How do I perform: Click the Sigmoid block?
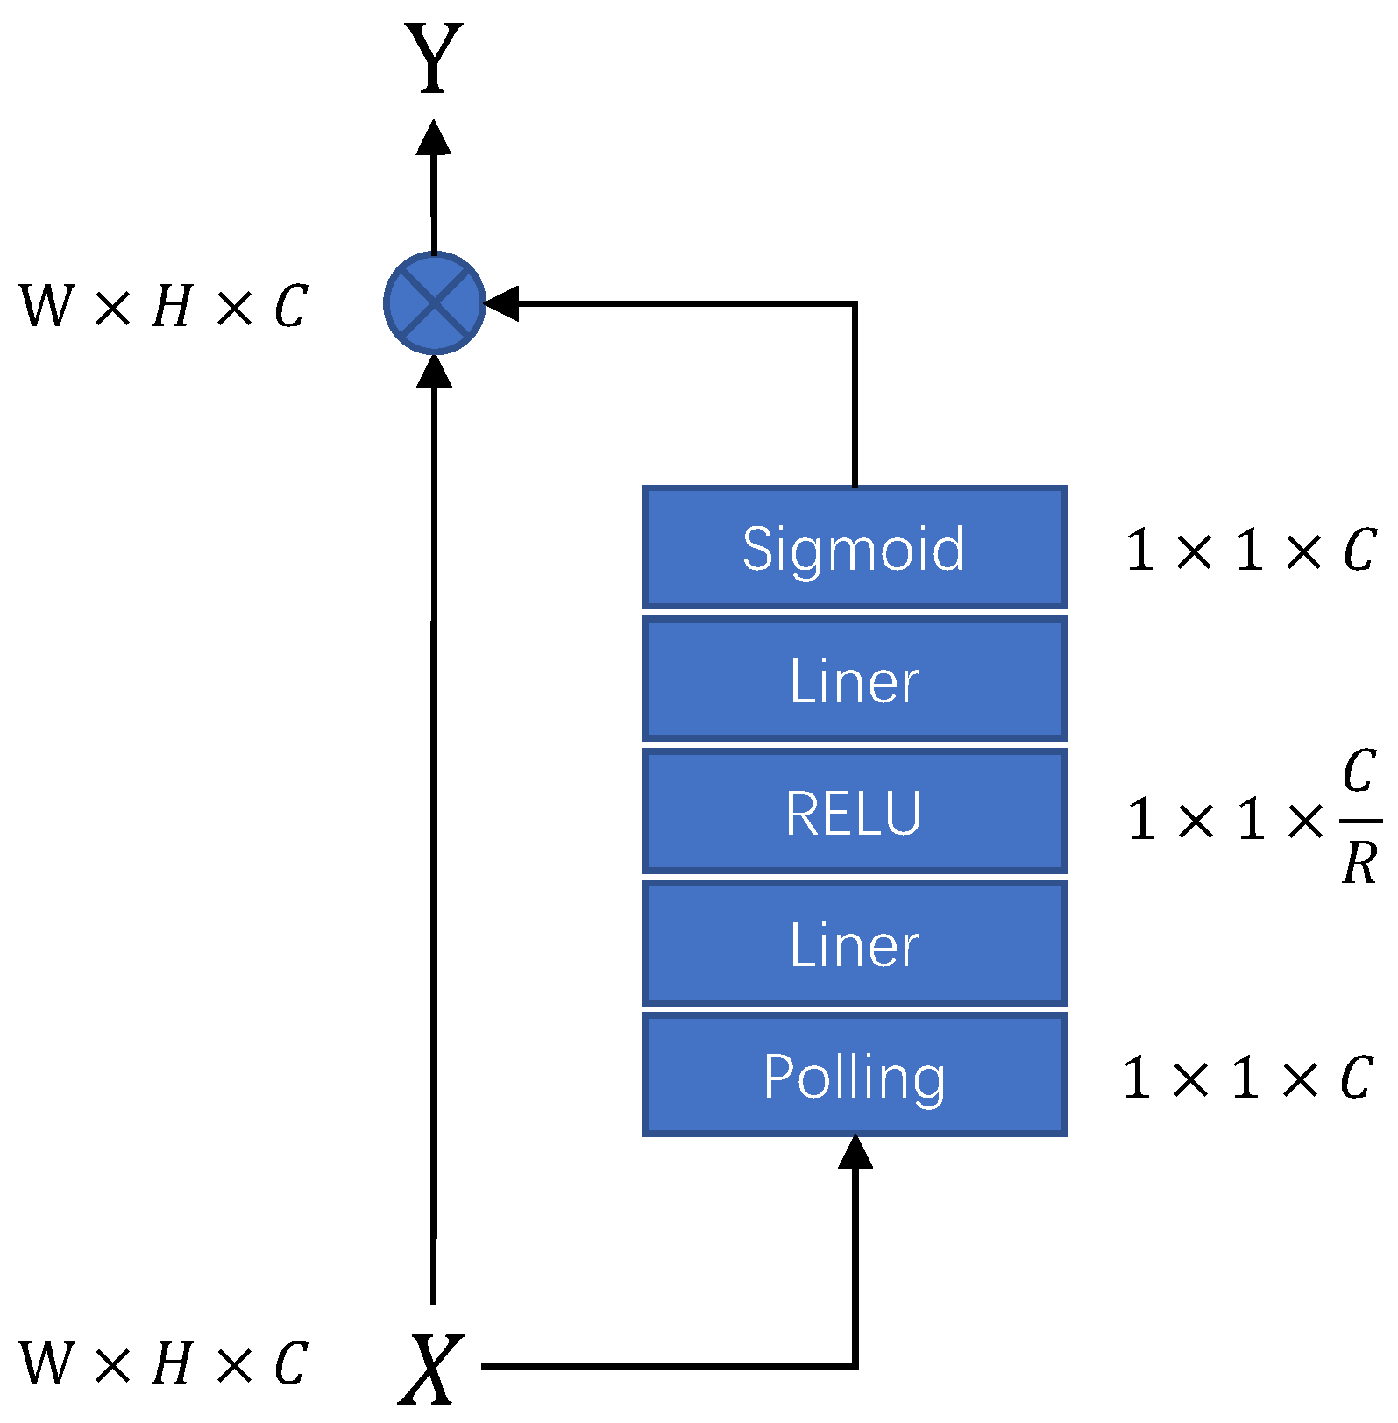pyautogui.click(x=855, y=548)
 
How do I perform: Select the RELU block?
pyautogui.click(x=855, y=812)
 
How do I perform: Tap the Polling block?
pyautogui.click(x=855, y=1075)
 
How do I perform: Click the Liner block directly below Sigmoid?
pyautogui.click(x=855, y=680)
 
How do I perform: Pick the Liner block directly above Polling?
pyautogui.click(x=855, y=944)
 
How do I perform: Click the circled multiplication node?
pyautogui.click(x=435, y=303)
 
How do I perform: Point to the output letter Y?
pyautogui.click(x=434, y=59)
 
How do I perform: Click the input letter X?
pyautogui.click(x=431, y=1369)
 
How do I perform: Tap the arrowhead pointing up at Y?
pyautogui.click(x=434, y=138)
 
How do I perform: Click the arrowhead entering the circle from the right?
pyautogui.click(x=501, y=303)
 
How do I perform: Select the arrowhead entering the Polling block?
pyautogui.click(x=855, y=1151)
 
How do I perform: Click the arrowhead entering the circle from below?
pyautogui.click(x=434, y=370)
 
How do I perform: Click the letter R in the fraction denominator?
pyautogui.click(x=1359, y=863)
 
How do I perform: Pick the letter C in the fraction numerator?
pyautogui.click(x=1359, y=772)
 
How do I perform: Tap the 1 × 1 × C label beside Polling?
pyautogui.click(x=1247, y=1078)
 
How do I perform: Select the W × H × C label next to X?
pyautogui.click(x=163, y=1364)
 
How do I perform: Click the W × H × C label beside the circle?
pyautogui.click(x=163, y=307)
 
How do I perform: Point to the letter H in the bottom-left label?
pyautogui.click(x=172, y=1364)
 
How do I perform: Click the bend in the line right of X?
pyautogui.click(x=855, y=1366)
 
